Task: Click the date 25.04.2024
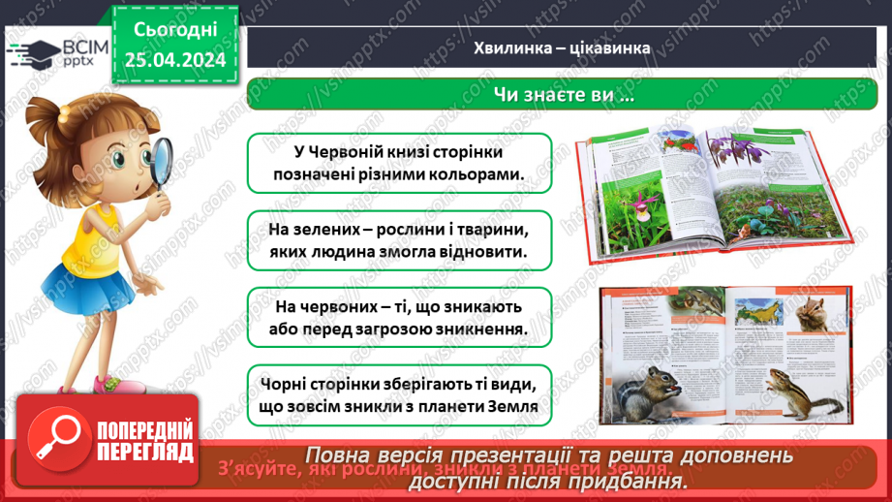(175, 61)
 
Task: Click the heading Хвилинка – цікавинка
(561, 47)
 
